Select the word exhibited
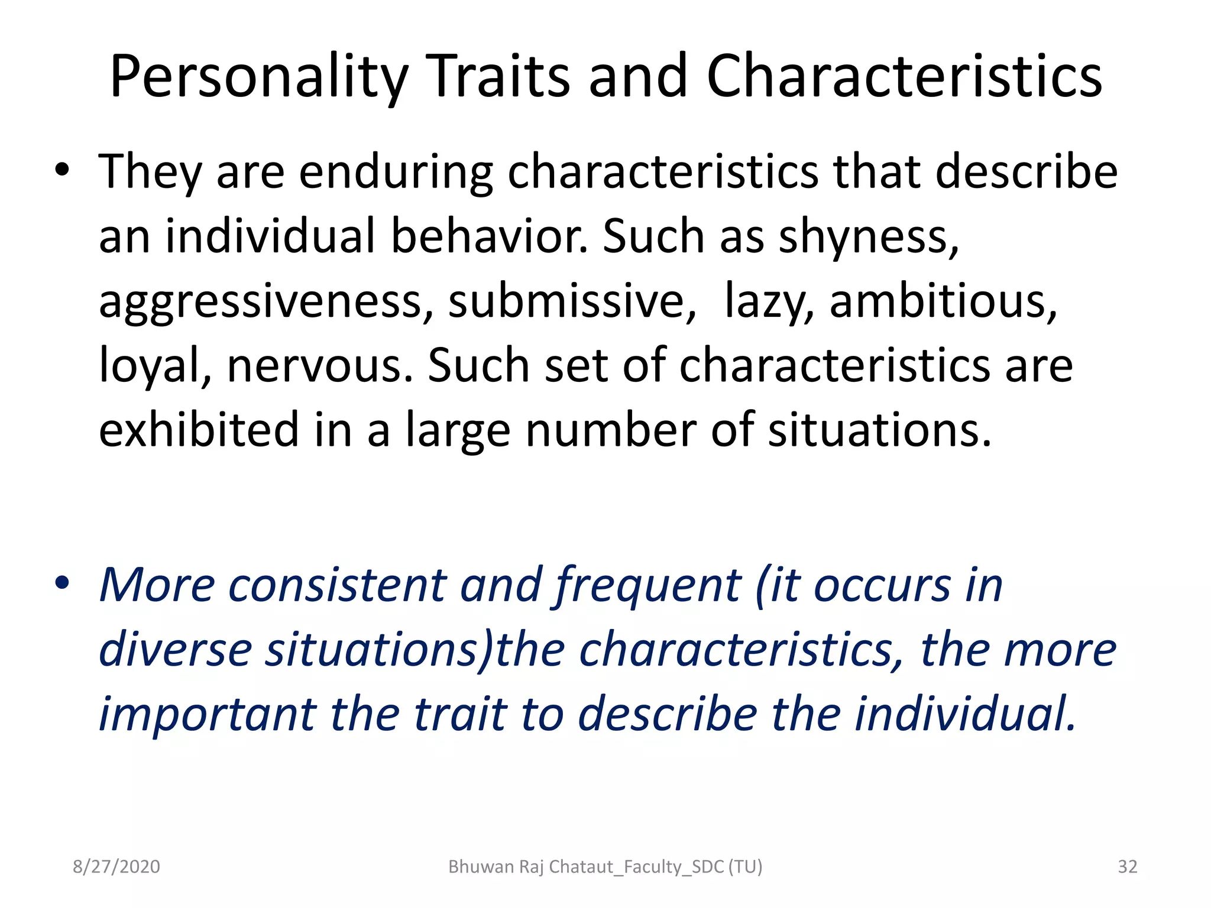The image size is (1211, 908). click(199, 430)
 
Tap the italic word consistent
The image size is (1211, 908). click(337, 585)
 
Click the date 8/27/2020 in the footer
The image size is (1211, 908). click(116, 867)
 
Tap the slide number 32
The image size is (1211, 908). click(1128, 867)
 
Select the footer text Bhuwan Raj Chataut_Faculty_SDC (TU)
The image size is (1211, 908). click(605, 867)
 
